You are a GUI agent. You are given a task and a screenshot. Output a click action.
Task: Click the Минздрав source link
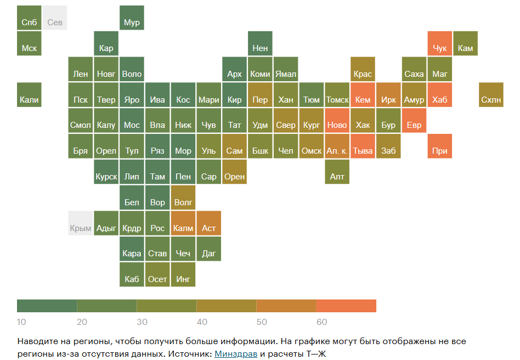[x=236, y=353]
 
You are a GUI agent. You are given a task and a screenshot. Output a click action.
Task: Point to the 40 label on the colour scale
[x=202, y=322]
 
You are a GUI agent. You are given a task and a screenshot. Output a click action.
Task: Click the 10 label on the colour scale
[x=22, y=322]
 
